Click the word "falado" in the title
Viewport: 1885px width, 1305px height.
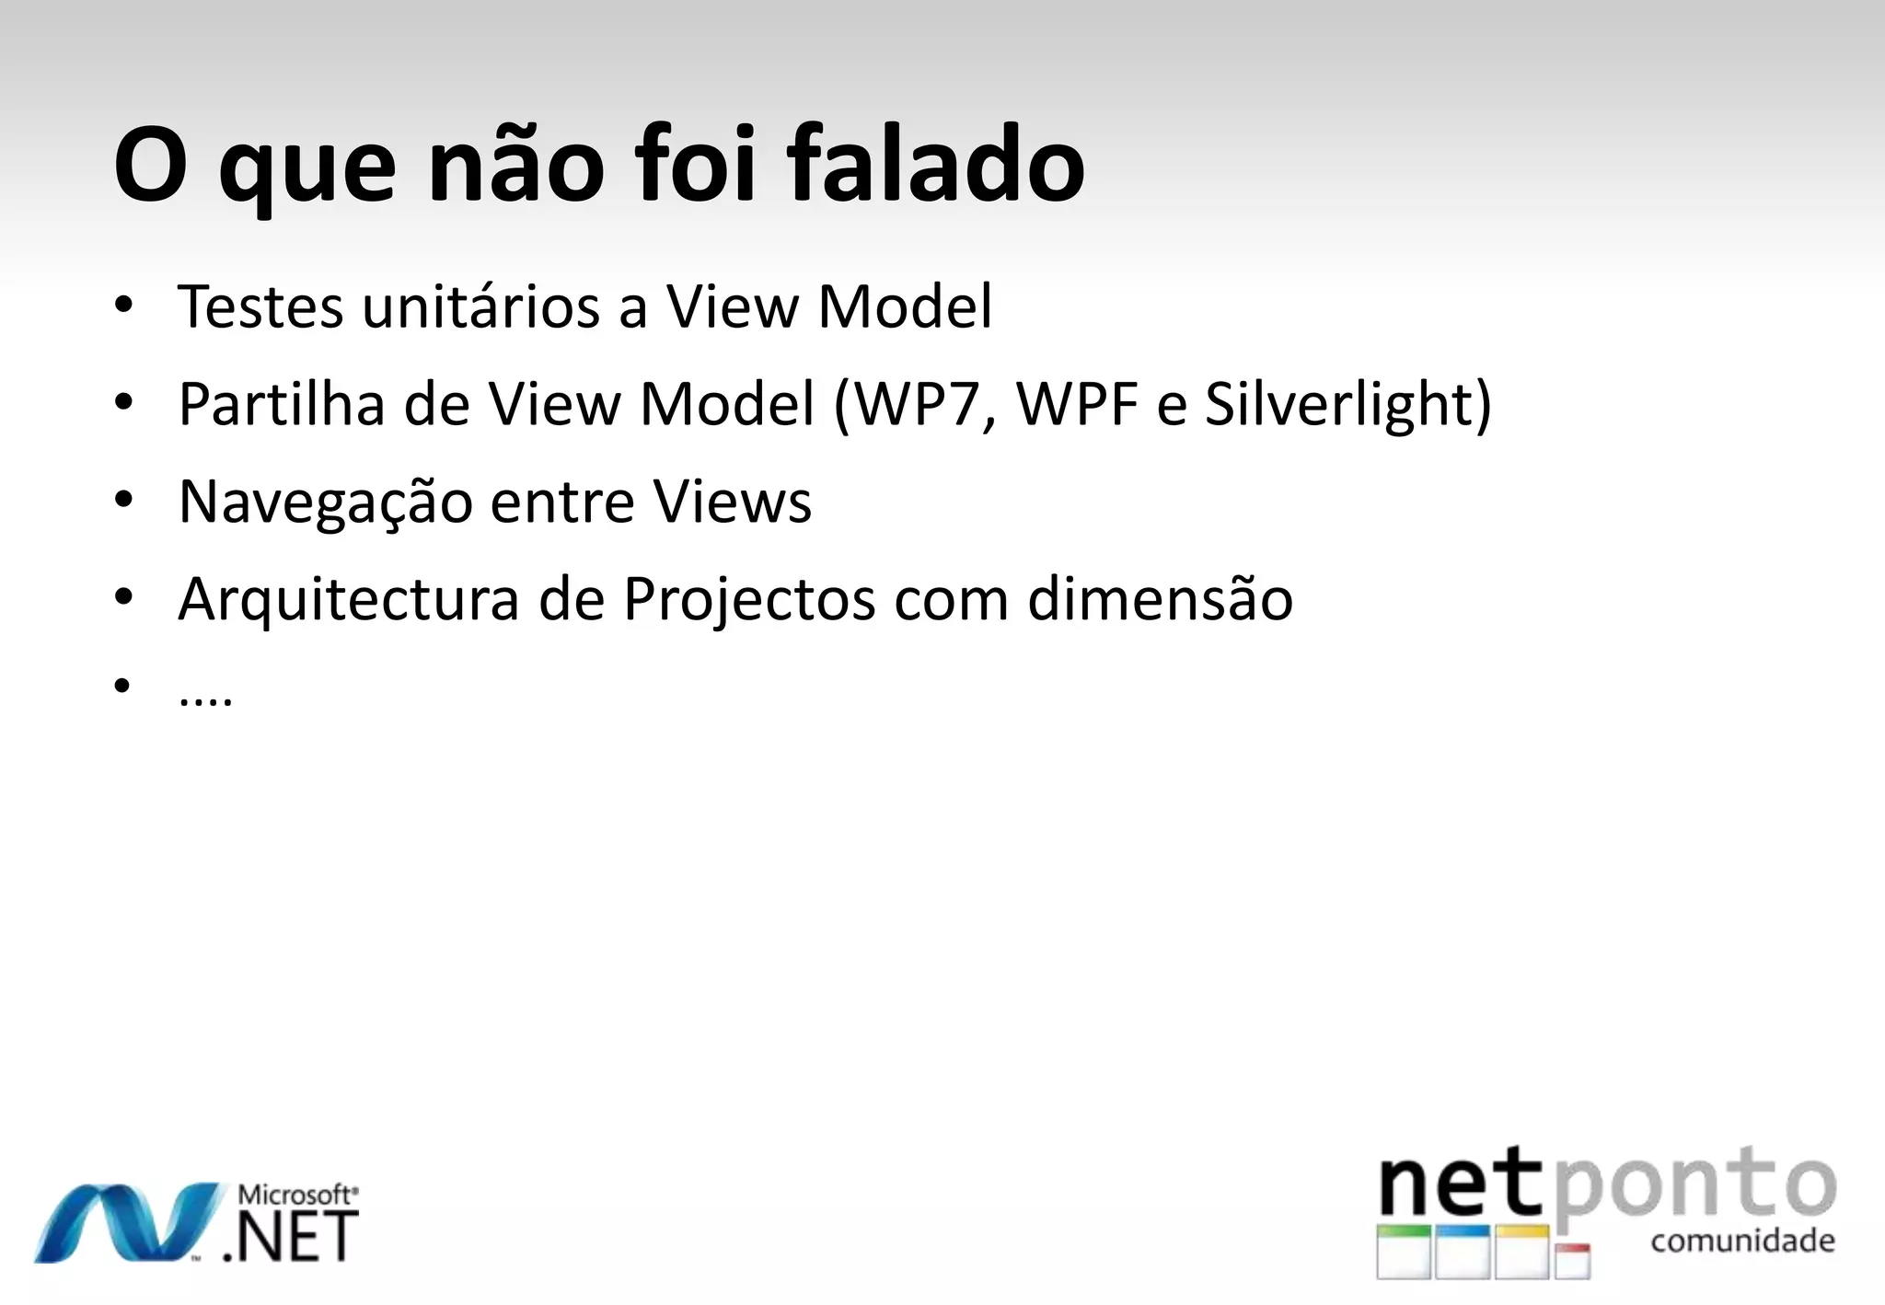click(935, 166)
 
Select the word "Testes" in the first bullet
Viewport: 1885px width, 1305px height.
click(260, 306)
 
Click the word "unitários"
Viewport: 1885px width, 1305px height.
click(481, 306)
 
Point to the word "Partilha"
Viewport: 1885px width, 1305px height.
click(281, 404)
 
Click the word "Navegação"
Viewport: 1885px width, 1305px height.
click(325, 502)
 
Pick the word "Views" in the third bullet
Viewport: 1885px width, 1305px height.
click(733, 502)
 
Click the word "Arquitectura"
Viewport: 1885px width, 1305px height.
click(349, 600)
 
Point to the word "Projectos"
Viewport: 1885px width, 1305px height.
click(749, 600)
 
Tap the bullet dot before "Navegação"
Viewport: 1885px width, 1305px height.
click(124, 501)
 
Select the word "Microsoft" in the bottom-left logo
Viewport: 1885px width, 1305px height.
click(295, 1195)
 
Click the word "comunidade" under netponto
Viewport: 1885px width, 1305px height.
click(1742, 1241)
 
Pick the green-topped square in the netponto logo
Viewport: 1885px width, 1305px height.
click(1404, 1251)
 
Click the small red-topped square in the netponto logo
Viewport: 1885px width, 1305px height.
click(1573, 1261)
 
